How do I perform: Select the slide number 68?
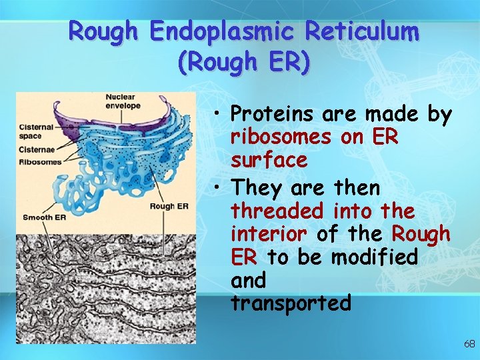469,344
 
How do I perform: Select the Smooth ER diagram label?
44,217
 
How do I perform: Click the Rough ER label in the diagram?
169,206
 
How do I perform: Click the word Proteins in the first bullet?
273,115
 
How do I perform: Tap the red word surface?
269,161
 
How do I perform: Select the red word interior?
269,234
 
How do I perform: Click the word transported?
291,303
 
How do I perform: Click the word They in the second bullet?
257,188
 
